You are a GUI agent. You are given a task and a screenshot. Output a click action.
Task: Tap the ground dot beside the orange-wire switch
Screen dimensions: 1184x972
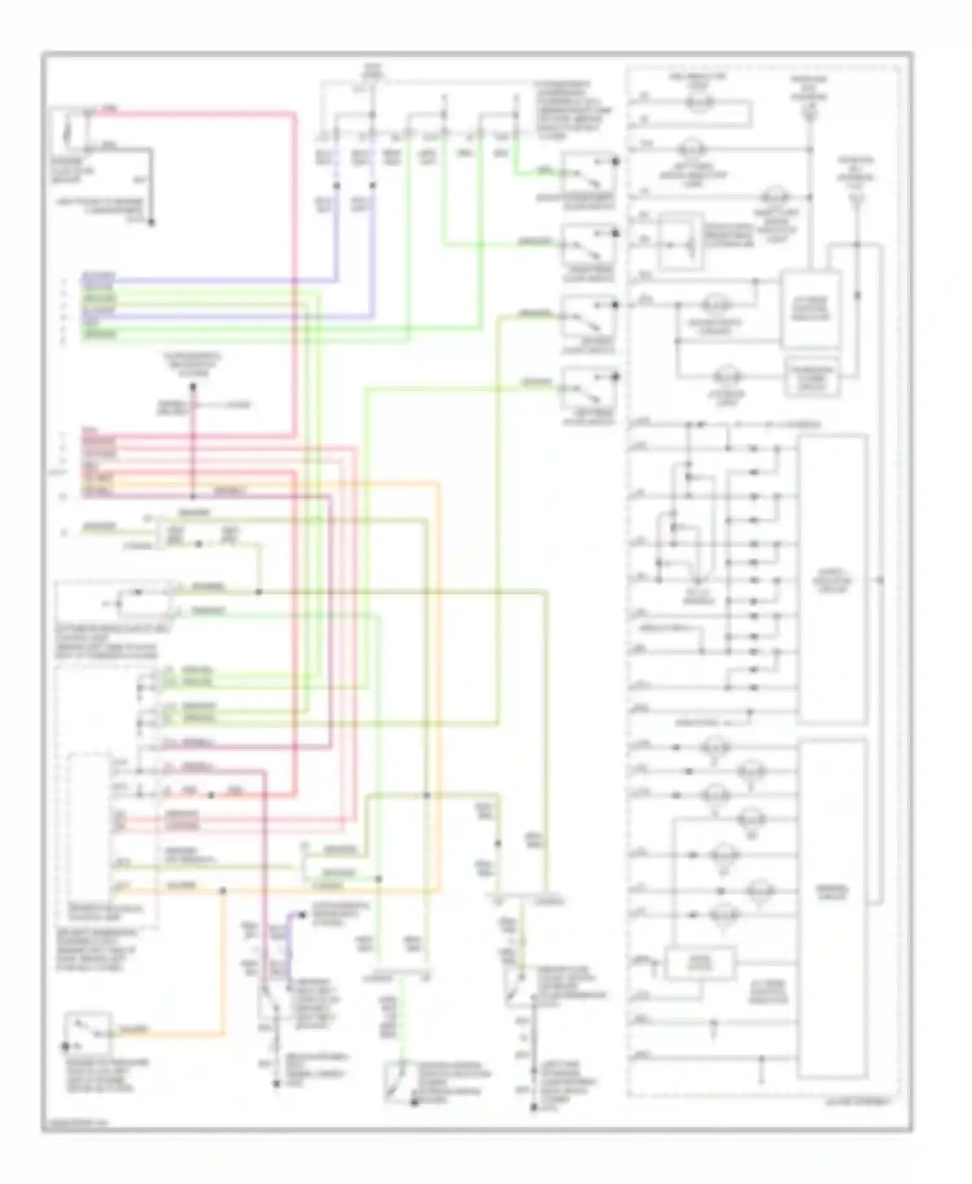tap(65, 1046)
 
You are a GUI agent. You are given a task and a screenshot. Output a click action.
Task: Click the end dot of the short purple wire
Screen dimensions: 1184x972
tap(303, 914)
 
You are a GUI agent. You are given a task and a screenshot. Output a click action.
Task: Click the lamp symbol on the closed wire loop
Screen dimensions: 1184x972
tap(699, 102)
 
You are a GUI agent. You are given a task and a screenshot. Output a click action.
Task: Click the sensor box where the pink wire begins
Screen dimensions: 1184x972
tap(71, 131)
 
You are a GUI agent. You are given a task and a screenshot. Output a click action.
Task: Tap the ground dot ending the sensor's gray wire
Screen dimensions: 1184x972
tap(152, 223)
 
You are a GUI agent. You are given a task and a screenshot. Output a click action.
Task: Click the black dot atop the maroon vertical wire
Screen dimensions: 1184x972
tap(193, 387)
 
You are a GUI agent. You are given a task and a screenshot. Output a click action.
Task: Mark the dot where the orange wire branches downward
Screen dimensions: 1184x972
tap(223, 891)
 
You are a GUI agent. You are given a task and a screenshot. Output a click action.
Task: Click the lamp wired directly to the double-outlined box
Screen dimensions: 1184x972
tap(728, 376)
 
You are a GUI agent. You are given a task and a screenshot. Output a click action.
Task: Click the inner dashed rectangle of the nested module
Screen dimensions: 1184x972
tap(89, 832)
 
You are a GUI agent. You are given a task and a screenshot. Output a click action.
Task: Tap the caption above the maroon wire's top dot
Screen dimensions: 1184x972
tap(192, 364)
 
